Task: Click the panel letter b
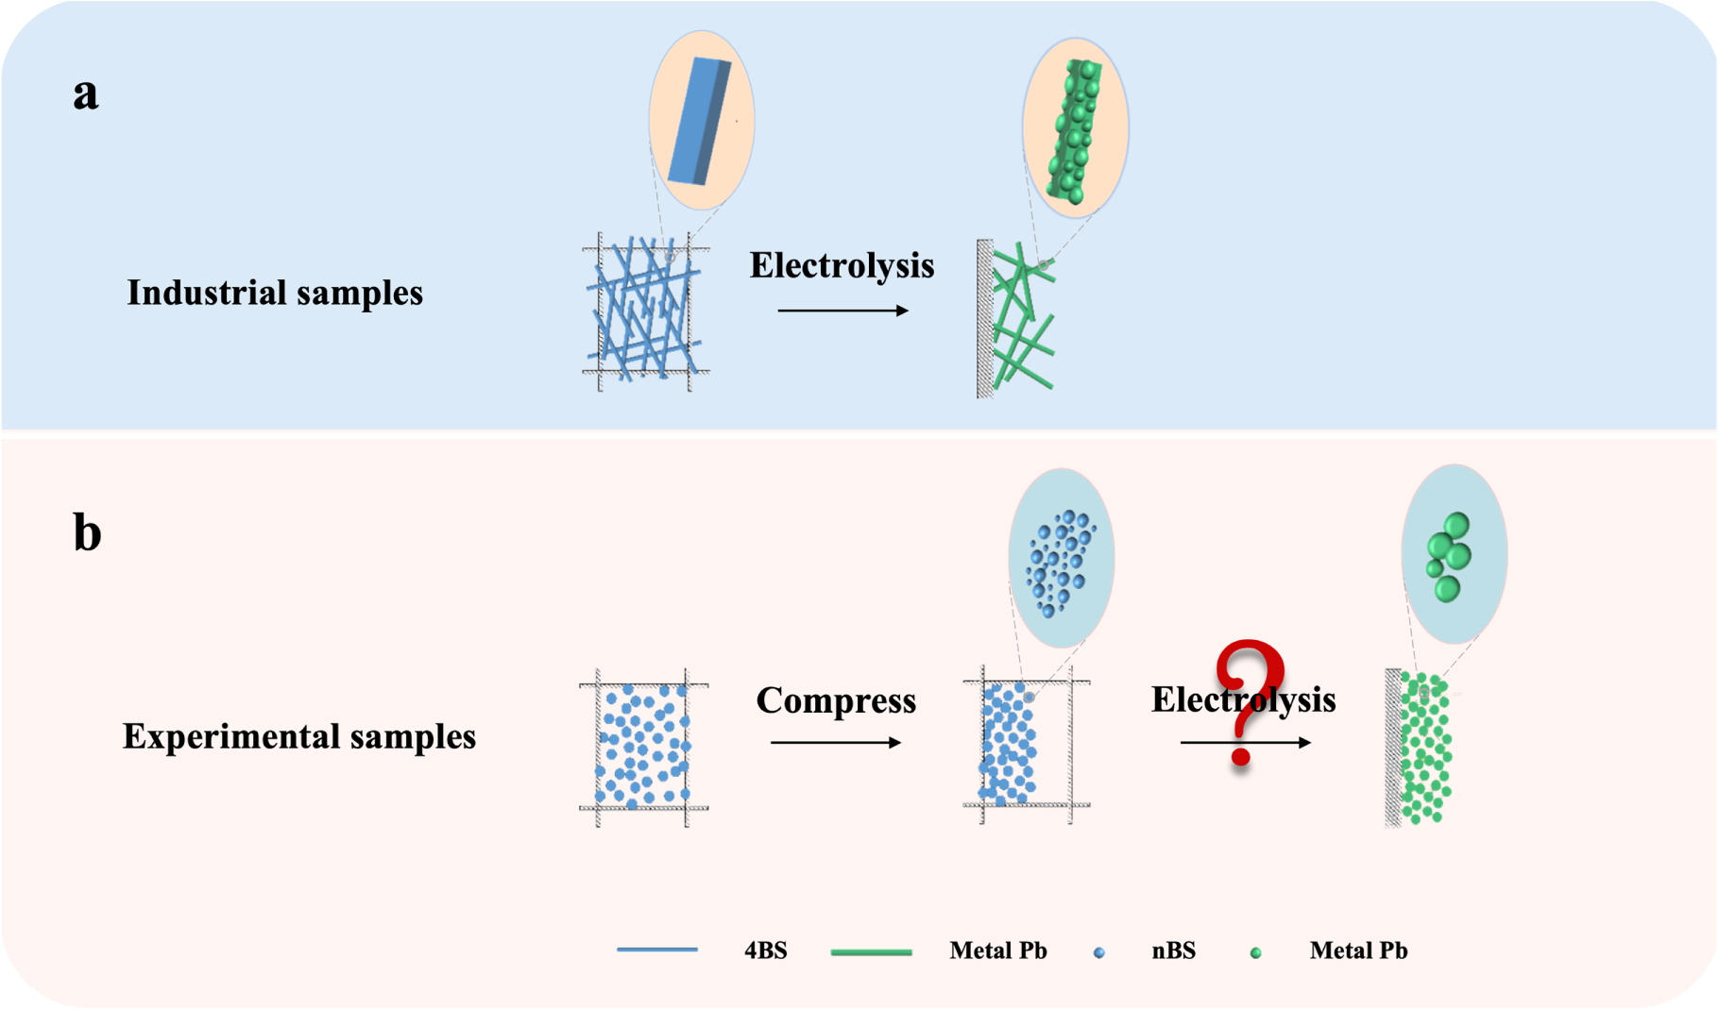pyautogui.click(x=87, y=532)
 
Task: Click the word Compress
pyautogui.click(x=836, y=700)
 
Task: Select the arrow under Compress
pyautogui.click(x=836, y=743)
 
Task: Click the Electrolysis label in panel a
pyautogui.click(x=842, y=265)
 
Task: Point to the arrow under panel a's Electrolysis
pyautogui.click(x=842, y=311)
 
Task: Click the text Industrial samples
pyautogui.click(x=275, y=293)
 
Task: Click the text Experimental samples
pyautogui.click(x=299, y=736)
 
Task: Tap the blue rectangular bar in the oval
pyautogui.click(x=700, y=121)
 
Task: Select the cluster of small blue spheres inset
pyautogui.click(x=1061, y=562)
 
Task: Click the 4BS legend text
pyautogui.click(x=765, y=951)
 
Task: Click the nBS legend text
pyautogui.click(x=1173, y=951)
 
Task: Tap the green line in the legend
pyautogui.click(x=871, y=952)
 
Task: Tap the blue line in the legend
pyautogui.click(x=657, y=950)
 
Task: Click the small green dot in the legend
pyautogui.click(x=1255, y=953)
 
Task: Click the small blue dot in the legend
pyautogui.click(x=1098, y=953)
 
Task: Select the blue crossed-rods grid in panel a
pyautogui.click(x=645, y=311)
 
